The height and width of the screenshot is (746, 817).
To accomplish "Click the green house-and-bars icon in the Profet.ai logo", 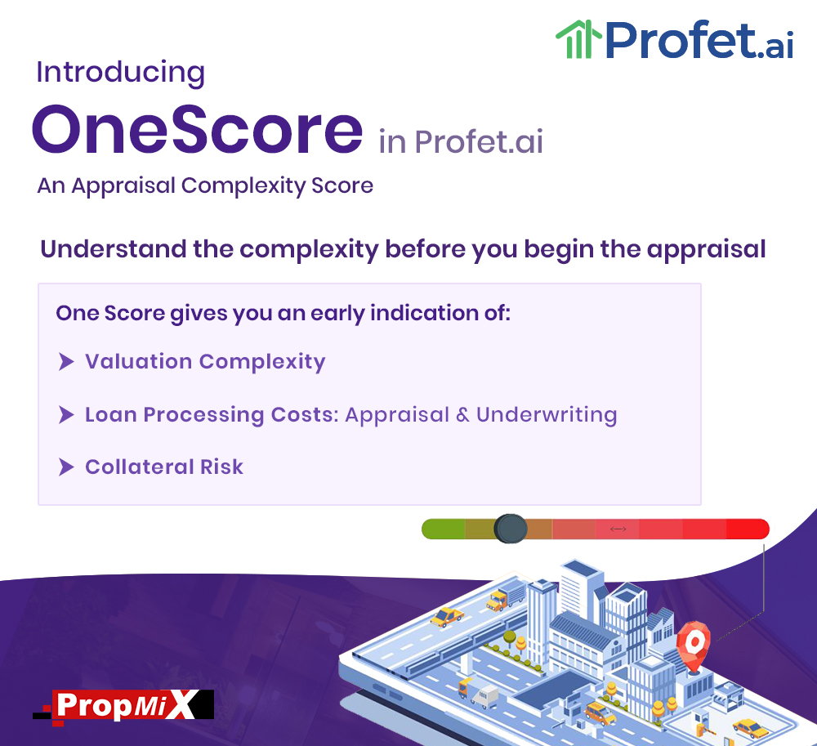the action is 578,39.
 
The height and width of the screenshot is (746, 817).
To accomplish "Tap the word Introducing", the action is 120,73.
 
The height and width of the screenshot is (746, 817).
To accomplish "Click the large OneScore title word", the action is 198,129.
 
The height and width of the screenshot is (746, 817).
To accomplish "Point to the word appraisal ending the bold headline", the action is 706,249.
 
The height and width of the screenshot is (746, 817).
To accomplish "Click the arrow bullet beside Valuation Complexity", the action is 66,361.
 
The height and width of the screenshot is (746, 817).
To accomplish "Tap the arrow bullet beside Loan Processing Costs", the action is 66,415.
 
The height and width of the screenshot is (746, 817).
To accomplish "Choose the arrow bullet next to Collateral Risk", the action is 66,467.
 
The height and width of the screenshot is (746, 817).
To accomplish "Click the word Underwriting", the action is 547,415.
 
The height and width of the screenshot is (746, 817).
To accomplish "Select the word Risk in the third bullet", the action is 222,467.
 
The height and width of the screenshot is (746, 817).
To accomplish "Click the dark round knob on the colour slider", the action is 510,529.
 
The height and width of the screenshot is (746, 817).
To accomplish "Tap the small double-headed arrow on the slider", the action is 618,529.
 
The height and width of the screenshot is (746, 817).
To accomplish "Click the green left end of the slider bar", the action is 442,529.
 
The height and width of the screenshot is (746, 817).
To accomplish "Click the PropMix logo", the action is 123,707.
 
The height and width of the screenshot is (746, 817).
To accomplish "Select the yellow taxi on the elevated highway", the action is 447,617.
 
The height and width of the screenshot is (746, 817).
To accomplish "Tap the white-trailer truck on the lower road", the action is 478,694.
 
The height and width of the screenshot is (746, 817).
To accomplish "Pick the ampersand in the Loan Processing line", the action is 462,415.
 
